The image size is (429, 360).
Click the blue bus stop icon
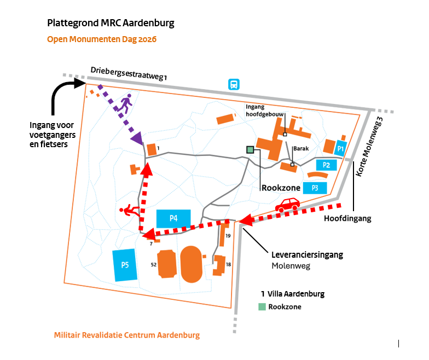(234, 84)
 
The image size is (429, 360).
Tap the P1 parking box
(340, 148)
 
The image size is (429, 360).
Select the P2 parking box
(326, 165)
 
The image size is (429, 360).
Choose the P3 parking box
(315, 188)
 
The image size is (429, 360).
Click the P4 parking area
(173, 219)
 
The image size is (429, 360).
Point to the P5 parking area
(125, 265)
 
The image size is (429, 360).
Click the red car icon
(288, 205)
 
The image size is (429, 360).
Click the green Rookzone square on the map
(250, 150)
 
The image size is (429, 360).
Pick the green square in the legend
(262, 306)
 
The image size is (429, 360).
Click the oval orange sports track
(192, 264)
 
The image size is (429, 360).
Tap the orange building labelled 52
(167, 264)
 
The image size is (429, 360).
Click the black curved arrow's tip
(86, 83)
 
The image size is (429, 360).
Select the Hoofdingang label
(347, 219)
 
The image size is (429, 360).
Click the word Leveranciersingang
(308, 255)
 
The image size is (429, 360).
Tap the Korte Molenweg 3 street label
(369, 147)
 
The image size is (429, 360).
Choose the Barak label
(301, 149)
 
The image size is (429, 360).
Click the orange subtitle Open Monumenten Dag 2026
(102, 39)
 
